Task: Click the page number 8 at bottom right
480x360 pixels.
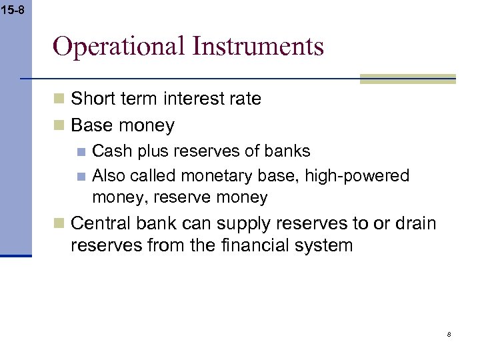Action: (x=449, y=335)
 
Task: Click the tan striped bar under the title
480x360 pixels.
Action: (x=407, y=79)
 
